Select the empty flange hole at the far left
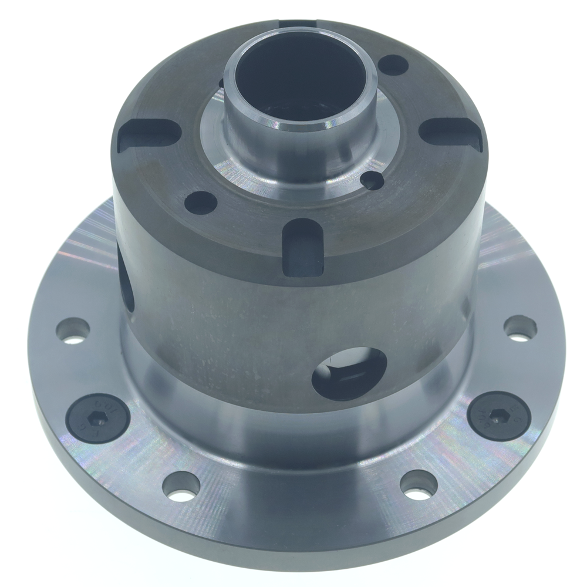click(x=73, y=330)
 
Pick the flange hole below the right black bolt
click(x=419, y=485)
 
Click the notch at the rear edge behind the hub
click(x=299, y=24)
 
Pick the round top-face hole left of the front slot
click(x=200, y=203)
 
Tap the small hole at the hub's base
click(x=371, y=180)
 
